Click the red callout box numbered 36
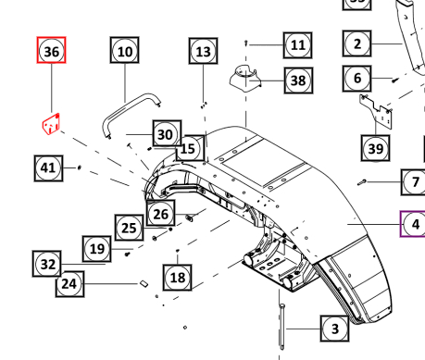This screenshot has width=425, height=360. [53, 52]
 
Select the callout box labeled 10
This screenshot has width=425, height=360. [125, 52]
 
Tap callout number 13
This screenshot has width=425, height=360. [204, 52]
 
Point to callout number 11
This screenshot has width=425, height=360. [296, 44]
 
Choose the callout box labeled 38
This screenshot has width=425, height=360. [297, 81]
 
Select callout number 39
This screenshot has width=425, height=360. [375, 149]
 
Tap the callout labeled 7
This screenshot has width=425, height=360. [413, 182]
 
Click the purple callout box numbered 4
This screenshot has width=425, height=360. [414, 224]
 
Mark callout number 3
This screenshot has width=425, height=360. [334, 328]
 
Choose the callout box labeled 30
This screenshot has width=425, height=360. [164, 134]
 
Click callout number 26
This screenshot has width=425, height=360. [161, 215]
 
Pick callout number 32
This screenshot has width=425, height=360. [48, 264]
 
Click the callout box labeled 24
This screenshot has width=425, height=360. [69, 284]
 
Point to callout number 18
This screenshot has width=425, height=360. [178, 276]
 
